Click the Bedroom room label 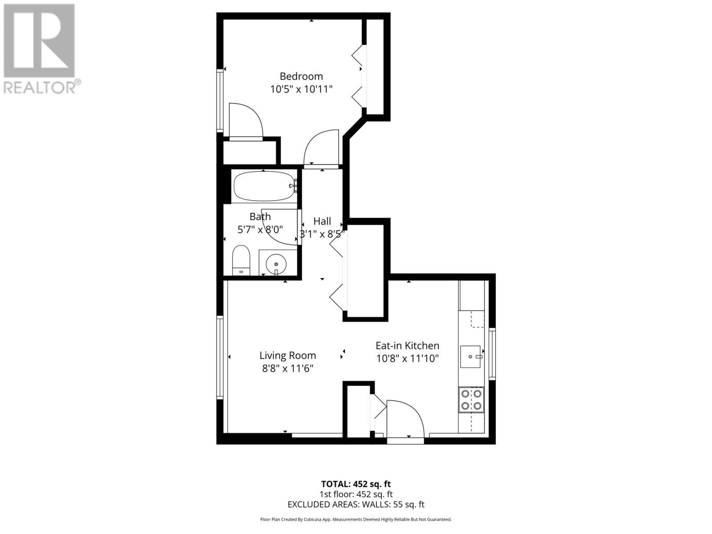301,76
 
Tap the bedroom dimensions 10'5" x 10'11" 301,89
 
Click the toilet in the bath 241,260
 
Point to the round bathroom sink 276,264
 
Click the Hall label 322,221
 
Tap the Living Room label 287,356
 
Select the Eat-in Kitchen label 407,346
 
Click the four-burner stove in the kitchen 471,400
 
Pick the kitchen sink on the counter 470,356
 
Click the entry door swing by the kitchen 404,418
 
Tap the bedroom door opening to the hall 321,148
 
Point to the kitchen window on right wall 492,353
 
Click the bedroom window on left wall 219,100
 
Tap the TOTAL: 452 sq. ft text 356,484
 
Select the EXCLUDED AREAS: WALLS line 356,504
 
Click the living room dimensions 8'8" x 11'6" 287,368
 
